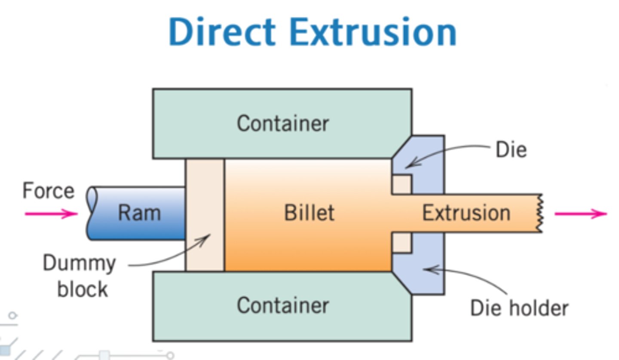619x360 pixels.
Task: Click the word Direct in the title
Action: click(221, 32)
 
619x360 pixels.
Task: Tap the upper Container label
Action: click(283, 123)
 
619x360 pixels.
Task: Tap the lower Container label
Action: click(283, 305)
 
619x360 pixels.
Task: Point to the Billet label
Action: click(309, 213)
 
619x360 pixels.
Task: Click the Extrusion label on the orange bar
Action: click(466, 213)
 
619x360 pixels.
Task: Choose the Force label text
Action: click(48, 191)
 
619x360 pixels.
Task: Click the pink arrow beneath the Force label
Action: click(51, 214)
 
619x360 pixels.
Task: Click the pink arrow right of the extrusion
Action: click(580, 213)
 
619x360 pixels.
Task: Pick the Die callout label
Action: click(511, 150)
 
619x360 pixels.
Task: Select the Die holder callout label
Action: click(519, 308)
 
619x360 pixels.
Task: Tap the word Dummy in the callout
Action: click(79, 263)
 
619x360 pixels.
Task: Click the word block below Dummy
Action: click(82, 289)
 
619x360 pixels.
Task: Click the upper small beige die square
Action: click(401, 184)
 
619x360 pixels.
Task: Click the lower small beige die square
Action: click(401, 243)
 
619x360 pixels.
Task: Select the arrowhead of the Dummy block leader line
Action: click(208, 237)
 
